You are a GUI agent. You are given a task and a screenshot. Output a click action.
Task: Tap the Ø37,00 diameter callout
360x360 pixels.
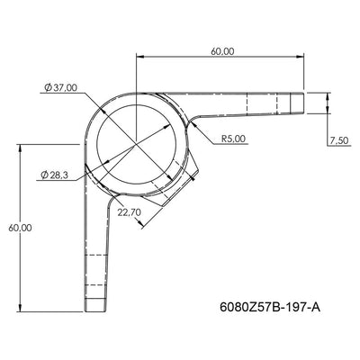pyautogui.click(x=59, y=87)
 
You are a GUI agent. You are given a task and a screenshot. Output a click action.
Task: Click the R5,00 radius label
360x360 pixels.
pyautogui.click(x=234, y=139)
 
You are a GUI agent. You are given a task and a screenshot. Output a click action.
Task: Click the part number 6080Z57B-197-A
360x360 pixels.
pyautogui.click(x=269, y=307)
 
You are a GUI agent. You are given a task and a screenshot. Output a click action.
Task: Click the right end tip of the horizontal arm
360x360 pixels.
pyautogui.click(x=304, y=103)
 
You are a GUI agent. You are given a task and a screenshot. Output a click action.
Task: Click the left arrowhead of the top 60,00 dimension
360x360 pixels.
pyautogui.click(x=139, y=59)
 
